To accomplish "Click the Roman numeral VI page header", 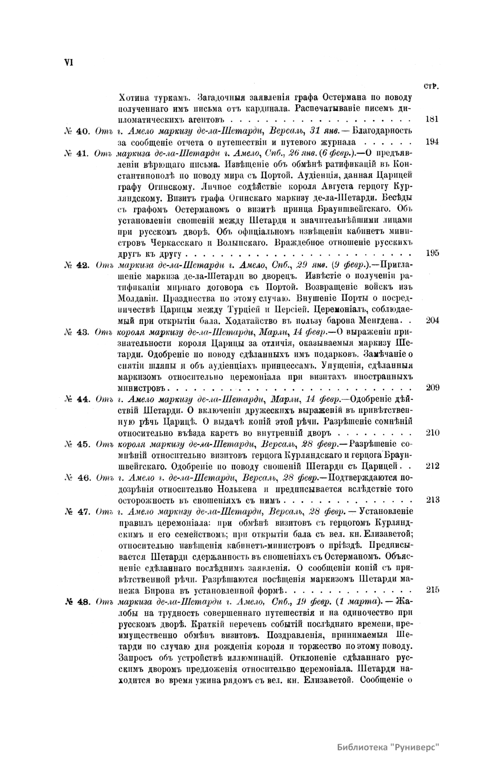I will click(69, 62).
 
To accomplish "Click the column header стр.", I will click(431, 87).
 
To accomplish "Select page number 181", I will click(431, 119).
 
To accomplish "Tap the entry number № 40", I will click(76, 131).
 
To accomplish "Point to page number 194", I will click(431, 141).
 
